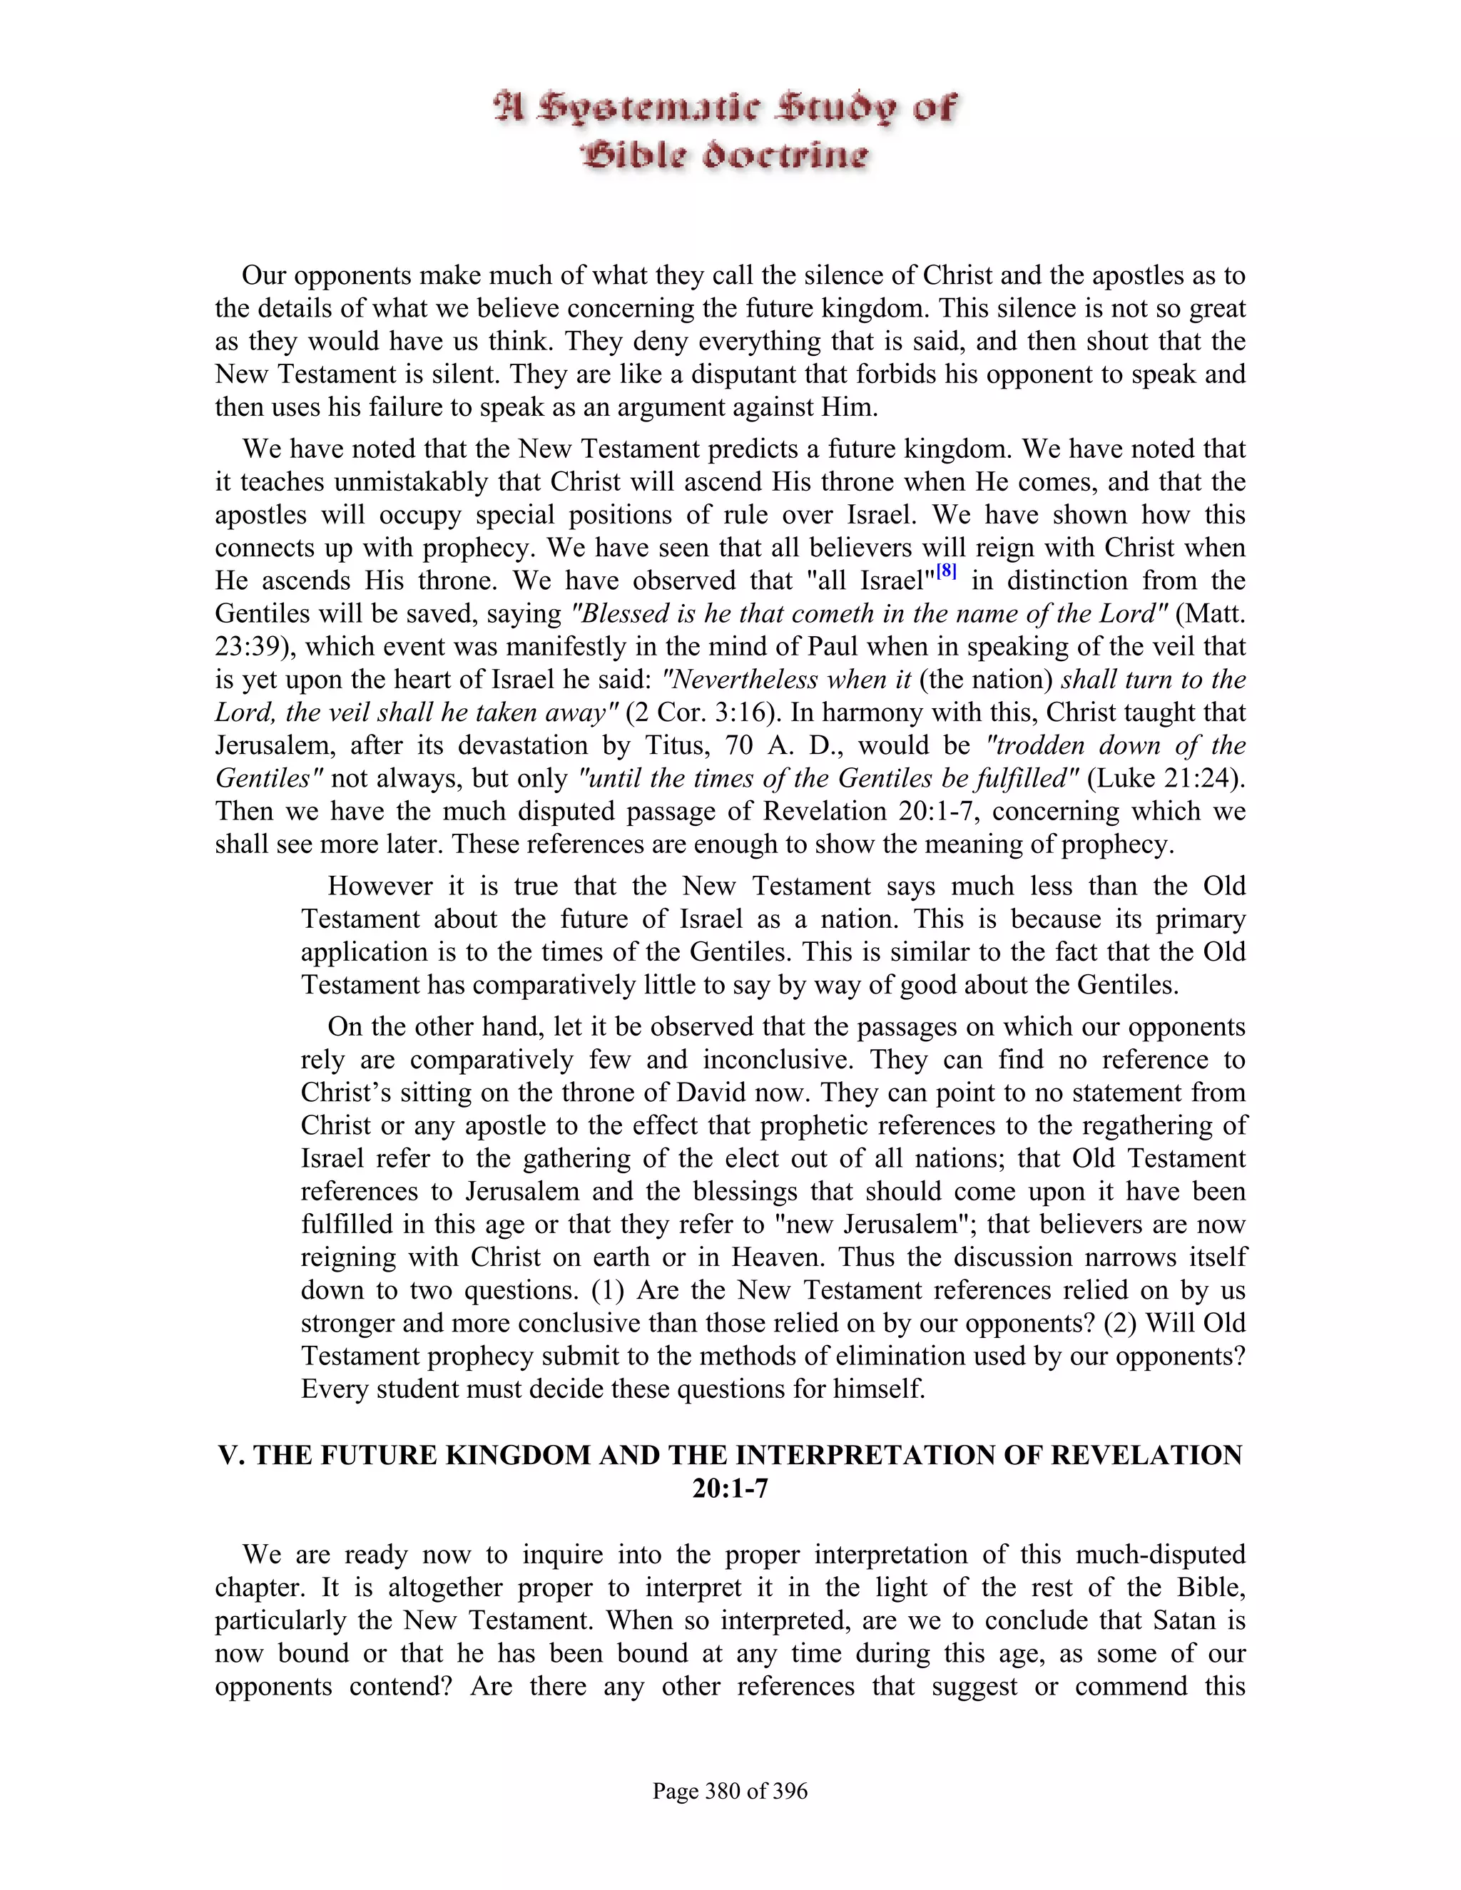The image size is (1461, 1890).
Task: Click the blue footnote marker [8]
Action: tap(947, 572)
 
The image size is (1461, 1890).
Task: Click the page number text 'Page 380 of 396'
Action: tap(730, 1790)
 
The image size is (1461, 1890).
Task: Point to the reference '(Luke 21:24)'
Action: tap(1165, 779)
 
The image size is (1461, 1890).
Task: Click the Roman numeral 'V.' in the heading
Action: tap(232, 1456)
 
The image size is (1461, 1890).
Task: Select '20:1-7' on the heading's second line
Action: tap(730, 1488)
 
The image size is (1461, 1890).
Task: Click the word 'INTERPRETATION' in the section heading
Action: tap(865, 1456)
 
